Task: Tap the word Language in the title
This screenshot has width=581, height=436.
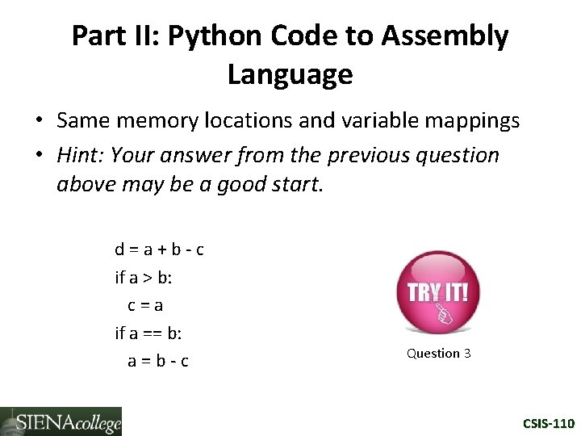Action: (290, 74)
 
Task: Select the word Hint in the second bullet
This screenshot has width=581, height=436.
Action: (79, 154)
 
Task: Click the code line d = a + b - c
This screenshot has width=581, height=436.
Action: (159, 249)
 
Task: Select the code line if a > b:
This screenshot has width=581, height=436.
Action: (144, 278)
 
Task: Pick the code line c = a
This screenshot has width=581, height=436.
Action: (145, 305)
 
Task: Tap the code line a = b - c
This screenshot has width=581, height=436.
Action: (158, 361)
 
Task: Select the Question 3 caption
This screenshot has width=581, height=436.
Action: (438, 353)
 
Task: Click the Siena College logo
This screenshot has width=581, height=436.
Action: (61, 421)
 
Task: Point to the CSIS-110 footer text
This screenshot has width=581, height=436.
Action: (548, 423)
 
